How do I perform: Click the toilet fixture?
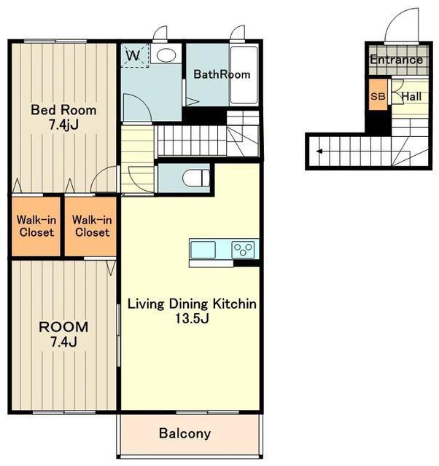196,178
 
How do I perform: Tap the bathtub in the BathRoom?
244,75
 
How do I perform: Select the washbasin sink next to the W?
166,54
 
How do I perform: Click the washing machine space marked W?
135,55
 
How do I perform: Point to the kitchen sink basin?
203,250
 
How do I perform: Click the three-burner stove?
244,249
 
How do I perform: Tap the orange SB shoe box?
378,95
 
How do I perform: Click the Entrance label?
397,60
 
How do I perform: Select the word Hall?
411,97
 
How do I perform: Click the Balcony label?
184,433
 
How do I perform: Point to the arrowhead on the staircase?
319,151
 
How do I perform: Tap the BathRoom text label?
222,74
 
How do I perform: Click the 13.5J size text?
192,319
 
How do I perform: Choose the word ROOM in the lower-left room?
63,327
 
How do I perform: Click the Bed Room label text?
63,110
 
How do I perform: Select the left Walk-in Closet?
36,226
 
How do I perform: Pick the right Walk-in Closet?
90,226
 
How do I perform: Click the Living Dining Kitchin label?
192,304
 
